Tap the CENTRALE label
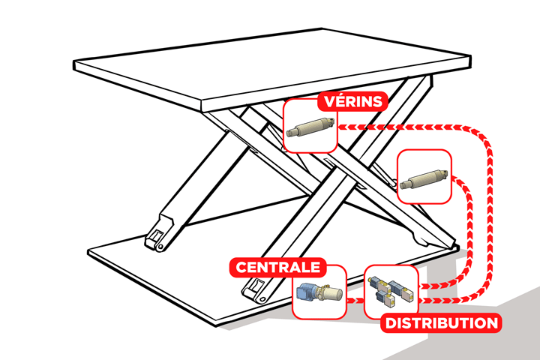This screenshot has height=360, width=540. pos(278,267)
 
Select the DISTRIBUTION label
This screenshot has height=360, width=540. pos(440,323)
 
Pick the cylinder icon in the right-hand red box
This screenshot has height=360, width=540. pos(424,178)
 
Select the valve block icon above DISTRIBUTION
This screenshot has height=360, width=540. pos(390,292)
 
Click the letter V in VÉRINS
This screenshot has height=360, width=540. pos(324,101)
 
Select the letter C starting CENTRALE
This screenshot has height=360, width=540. pos(242,268)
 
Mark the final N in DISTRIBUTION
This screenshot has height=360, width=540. pos(490,323)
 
